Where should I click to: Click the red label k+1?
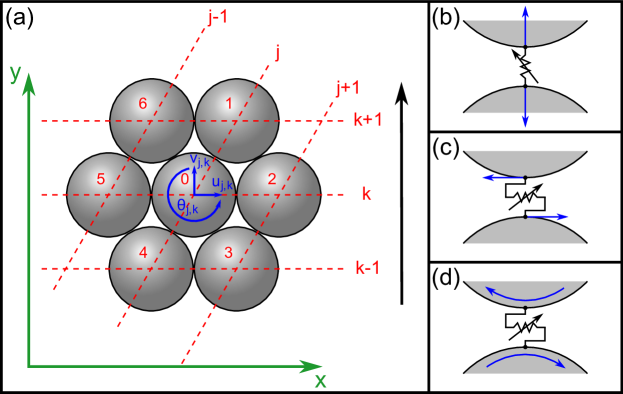click(x=368, y=120)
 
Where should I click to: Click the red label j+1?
click(x=347, y=88)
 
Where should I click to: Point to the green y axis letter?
click(x=15, y=72)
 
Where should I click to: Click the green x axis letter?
click(x=320, y=380)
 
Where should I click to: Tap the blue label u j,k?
click(x=222, y=183)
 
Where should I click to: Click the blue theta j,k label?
click(x=187, y=207)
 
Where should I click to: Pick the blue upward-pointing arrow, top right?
click(x=525, y=24)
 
